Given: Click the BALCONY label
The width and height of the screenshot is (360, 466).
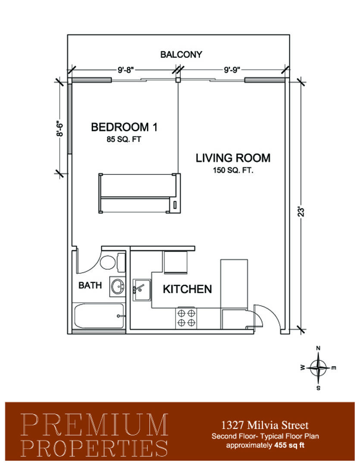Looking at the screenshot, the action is (x=181, y=54).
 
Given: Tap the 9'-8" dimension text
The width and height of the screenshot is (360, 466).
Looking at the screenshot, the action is (x=125, y=70).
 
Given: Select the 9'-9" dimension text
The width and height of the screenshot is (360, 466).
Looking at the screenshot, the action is (x=232, y=70).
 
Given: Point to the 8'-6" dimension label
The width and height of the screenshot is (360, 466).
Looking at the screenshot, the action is (x=59, y=128).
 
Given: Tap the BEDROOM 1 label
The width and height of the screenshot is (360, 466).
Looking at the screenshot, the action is (x=124, y=127).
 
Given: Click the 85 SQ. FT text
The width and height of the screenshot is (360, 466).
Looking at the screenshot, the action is (x=124, y=139).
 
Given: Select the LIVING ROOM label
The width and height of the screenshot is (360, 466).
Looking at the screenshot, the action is (x=233, y=158).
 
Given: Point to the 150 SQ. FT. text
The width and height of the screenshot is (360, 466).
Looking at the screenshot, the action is (x=233, y=170).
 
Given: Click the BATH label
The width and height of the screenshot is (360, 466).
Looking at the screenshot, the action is (x=90, y=285).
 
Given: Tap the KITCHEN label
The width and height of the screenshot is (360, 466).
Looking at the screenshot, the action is (x=187, y=289).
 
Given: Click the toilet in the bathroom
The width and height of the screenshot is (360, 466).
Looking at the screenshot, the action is (x=112, y=262).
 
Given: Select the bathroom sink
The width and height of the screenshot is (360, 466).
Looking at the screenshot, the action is (x=118, y=287).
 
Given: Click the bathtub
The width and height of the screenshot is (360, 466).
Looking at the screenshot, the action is (x=99, y=316).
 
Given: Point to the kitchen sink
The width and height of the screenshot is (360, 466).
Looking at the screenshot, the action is (x=141, y=290).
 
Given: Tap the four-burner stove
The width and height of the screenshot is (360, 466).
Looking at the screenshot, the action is (x=186, y=318).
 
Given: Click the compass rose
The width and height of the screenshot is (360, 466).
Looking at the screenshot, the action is (x=318, y=368).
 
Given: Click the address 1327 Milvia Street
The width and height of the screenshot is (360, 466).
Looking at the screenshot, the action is (x=265, y=425).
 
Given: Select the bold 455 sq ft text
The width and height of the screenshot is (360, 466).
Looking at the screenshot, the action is (x=289, y=445).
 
